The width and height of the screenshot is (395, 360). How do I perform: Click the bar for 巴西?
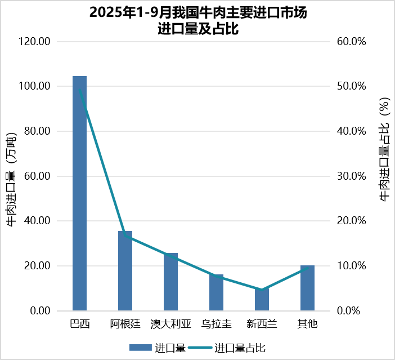[79, 193]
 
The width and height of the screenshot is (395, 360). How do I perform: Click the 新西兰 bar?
[262, 300]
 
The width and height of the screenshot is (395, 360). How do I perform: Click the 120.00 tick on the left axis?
[36, 42]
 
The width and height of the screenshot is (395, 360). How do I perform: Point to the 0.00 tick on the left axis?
[41, 311]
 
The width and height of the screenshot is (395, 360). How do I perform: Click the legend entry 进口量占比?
[240, 348]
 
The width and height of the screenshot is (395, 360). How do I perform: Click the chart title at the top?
[198, 21]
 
